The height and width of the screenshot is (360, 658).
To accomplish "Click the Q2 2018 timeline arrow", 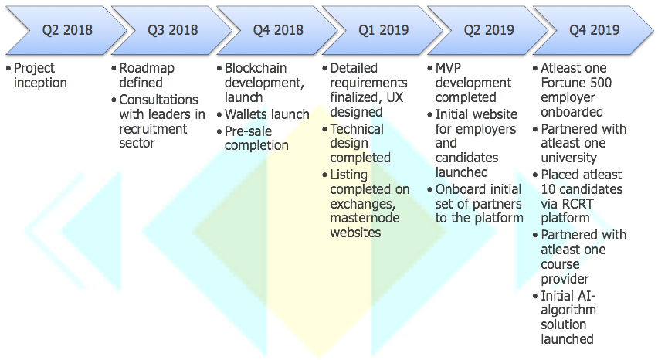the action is [67, 30].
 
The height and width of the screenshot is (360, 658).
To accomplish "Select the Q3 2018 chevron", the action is [172, 30].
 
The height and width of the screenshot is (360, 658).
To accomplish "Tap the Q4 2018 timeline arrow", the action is [278, 30].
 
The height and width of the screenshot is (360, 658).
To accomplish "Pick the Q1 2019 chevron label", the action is [383, 30].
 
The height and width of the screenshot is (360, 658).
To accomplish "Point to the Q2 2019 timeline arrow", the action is [488, 30].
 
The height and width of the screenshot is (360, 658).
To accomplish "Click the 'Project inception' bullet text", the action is [40, 75].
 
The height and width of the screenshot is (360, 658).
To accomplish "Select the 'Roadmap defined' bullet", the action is [147, 75].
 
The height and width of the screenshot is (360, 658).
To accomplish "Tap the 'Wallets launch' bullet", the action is [267, 114].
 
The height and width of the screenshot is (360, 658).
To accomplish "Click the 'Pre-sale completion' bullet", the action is [256, 138].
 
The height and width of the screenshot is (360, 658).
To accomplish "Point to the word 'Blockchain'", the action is [256, 68].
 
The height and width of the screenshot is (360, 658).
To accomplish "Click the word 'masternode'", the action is [365, 218].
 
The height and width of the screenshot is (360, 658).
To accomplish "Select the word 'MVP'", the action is [448, 68].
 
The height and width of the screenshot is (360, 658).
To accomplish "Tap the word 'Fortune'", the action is [561, 83].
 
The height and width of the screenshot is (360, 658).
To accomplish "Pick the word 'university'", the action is [568, 158].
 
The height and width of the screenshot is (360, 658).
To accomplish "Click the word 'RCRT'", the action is [578, 203].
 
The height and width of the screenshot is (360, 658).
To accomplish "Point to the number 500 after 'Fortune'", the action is [599, 83].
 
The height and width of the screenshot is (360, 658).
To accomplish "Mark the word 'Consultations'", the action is [158, 100].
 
